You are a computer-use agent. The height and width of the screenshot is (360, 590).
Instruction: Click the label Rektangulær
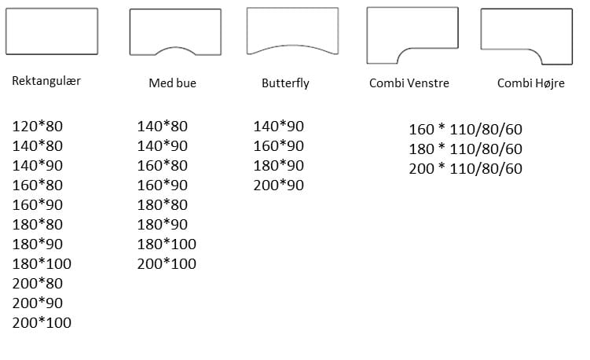46,81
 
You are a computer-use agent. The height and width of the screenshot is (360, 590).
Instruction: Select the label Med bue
172,83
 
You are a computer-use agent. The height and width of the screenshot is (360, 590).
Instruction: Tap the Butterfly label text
285,83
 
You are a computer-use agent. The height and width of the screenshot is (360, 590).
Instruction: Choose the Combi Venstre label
409,83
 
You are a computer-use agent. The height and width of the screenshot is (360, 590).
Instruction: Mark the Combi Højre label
530,83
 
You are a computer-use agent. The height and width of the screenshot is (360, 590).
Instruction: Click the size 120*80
38,126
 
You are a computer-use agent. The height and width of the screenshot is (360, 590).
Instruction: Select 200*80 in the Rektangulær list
38,283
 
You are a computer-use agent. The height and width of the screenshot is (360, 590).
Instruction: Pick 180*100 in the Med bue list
167,244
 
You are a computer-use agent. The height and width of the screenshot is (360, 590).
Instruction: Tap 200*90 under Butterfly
278,186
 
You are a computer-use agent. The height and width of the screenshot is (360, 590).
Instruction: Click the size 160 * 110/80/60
465,130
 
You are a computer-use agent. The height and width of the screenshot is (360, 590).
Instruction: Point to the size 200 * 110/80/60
465,168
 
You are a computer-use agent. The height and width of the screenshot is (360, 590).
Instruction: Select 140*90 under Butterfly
278,127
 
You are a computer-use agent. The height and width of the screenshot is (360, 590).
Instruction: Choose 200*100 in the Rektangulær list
42,322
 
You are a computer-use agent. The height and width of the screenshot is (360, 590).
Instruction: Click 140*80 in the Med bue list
163,126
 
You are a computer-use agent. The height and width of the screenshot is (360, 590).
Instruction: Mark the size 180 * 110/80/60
465,149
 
